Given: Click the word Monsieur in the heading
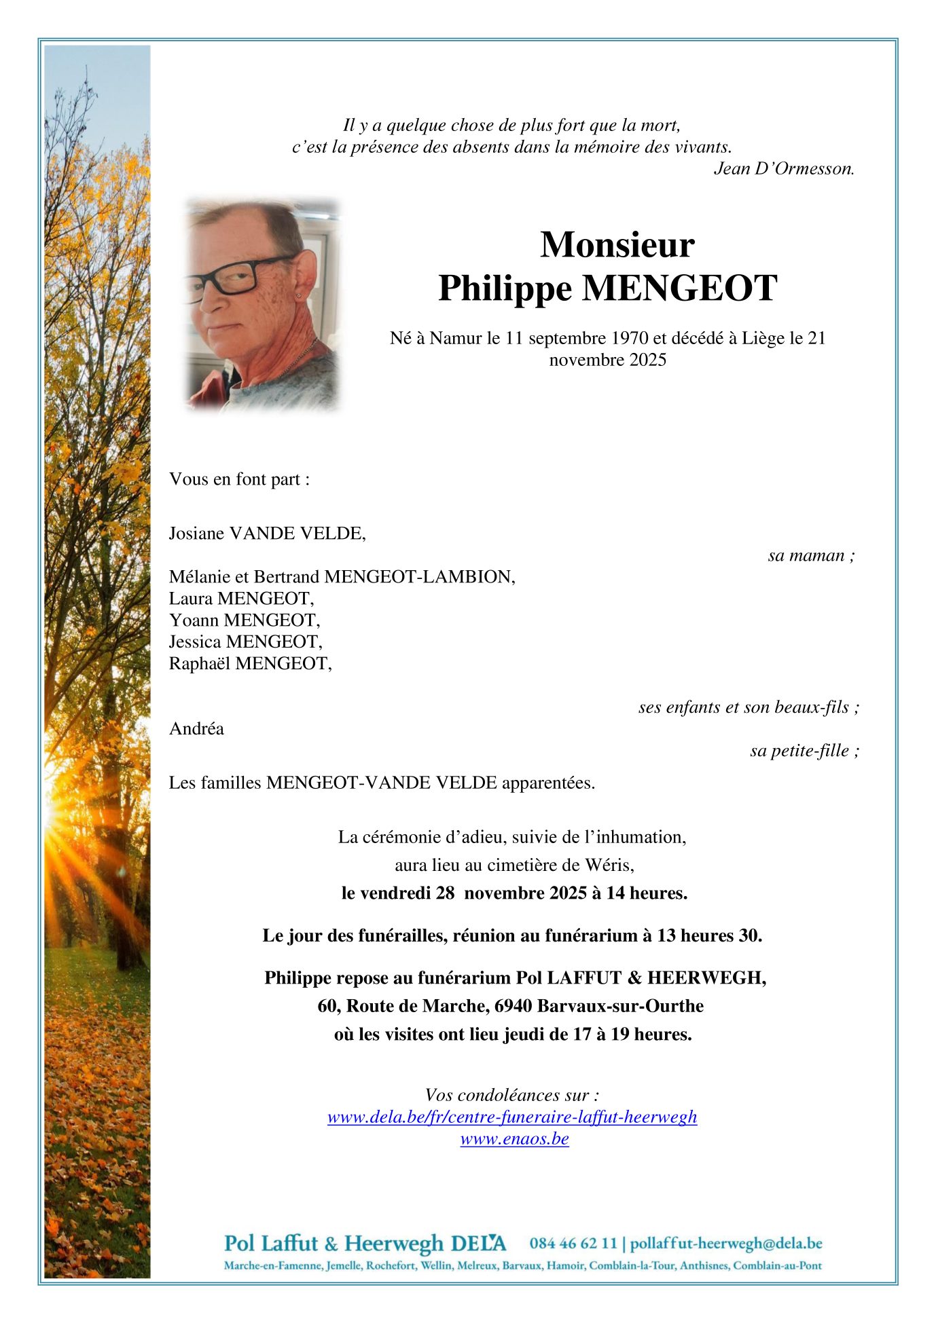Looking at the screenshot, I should tap(617, 244).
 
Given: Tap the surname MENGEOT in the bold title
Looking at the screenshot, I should tap(679, 288).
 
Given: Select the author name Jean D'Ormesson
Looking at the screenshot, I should tap(783, 169).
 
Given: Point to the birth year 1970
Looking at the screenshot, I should tap(630, 338).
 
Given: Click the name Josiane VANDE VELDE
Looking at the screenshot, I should tap(267, 534).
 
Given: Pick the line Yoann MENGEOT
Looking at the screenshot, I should tap(245, 620).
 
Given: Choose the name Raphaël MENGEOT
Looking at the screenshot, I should tap(250, 664).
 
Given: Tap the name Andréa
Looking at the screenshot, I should tap(196, 729).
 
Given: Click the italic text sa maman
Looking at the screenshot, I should tap(810, 556).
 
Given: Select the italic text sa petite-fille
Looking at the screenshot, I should tap(804, 751).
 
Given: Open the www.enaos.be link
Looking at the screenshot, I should tap(514, 1139).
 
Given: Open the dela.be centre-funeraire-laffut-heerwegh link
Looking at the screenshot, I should tap(512, 1117).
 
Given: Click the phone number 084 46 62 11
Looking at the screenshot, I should tap(573, 1244).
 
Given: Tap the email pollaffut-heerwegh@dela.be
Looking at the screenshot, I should tap(726, 1244).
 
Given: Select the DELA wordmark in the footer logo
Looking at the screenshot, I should tap(478, 1244).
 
